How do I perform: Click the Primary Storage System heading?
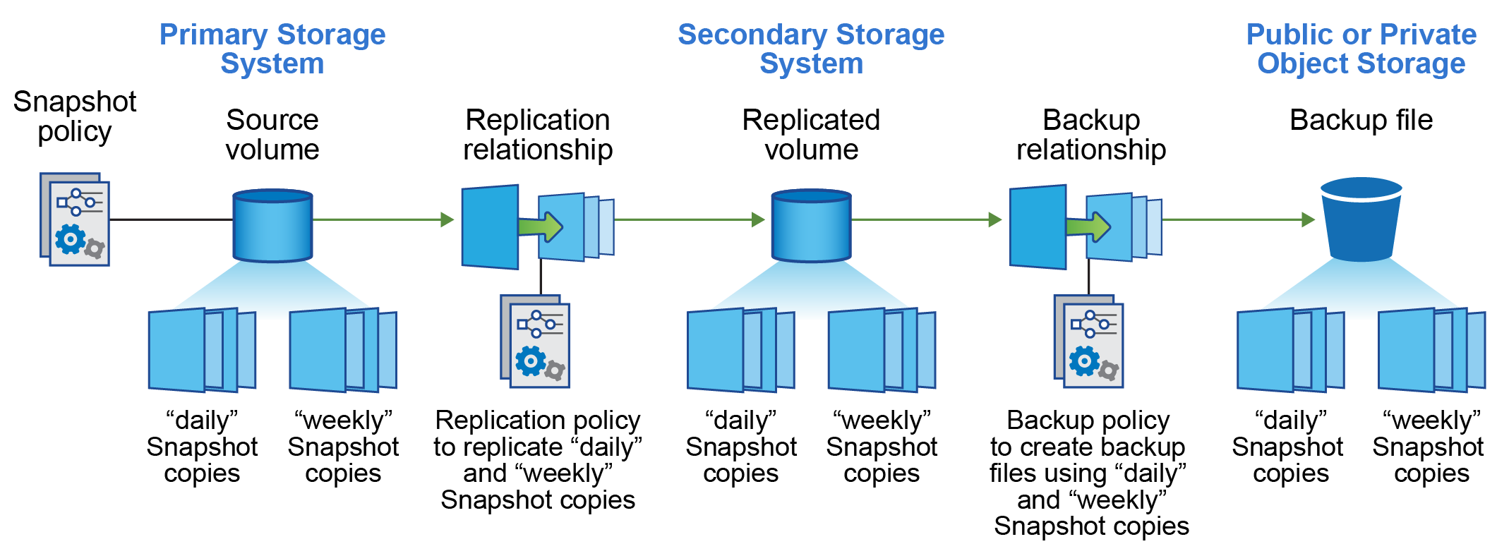tap(272, 49)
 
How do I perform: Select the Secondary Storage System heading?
tap(811, 49)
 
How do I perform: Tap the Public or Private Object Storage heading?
tap(1361, 49)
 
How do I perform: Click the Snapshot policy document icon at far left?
tap(75, 219)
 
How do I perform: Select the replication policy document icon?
tap(535, 342)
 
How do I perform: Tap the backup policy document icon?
tap(1088, 342)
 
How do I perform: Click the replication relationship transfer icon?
tap(537, 226)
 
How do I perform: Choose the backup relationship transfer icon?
tap(1086, 226)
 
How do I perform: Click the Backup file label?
tap(1361, 120)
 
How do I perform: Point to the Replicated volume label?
tap(811, 135)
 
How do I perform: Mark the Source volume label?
tap(272, 135)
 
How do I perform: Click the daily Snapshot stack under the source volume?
tap(202, 350)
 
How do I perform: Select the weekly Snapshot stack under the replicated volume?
tap(882, 350)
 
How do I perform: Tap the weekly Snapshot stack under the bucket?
tap(1431, 350)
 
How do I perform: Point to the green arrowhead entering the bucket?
tap(1308, 219)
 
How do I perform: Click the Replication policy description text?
tap(538, 459)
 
